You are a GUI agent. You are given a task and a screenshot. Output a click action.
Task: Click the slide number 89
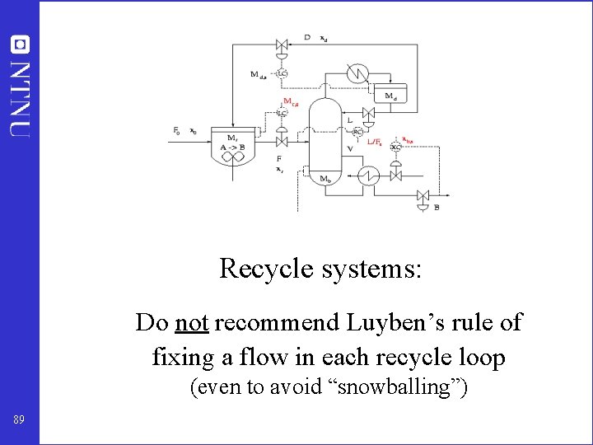[19, 420]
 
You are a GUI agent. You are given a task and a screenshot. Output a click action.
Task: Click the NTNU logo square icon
[19, 44]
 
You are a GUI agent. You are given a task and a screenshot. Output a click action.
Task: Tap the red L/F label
[374, 143]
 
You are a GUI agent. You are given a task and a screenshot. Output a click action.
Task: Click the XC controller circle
[395, 147]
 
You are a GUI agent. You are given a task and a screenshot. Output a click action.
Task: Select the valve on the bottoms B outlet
[423, 195]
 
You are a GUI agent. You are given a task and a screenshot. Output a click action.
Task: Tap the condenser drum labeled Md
[390, 95]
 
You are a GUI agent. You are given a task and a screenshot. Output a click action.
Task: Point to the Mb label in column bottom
[326, 179]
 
